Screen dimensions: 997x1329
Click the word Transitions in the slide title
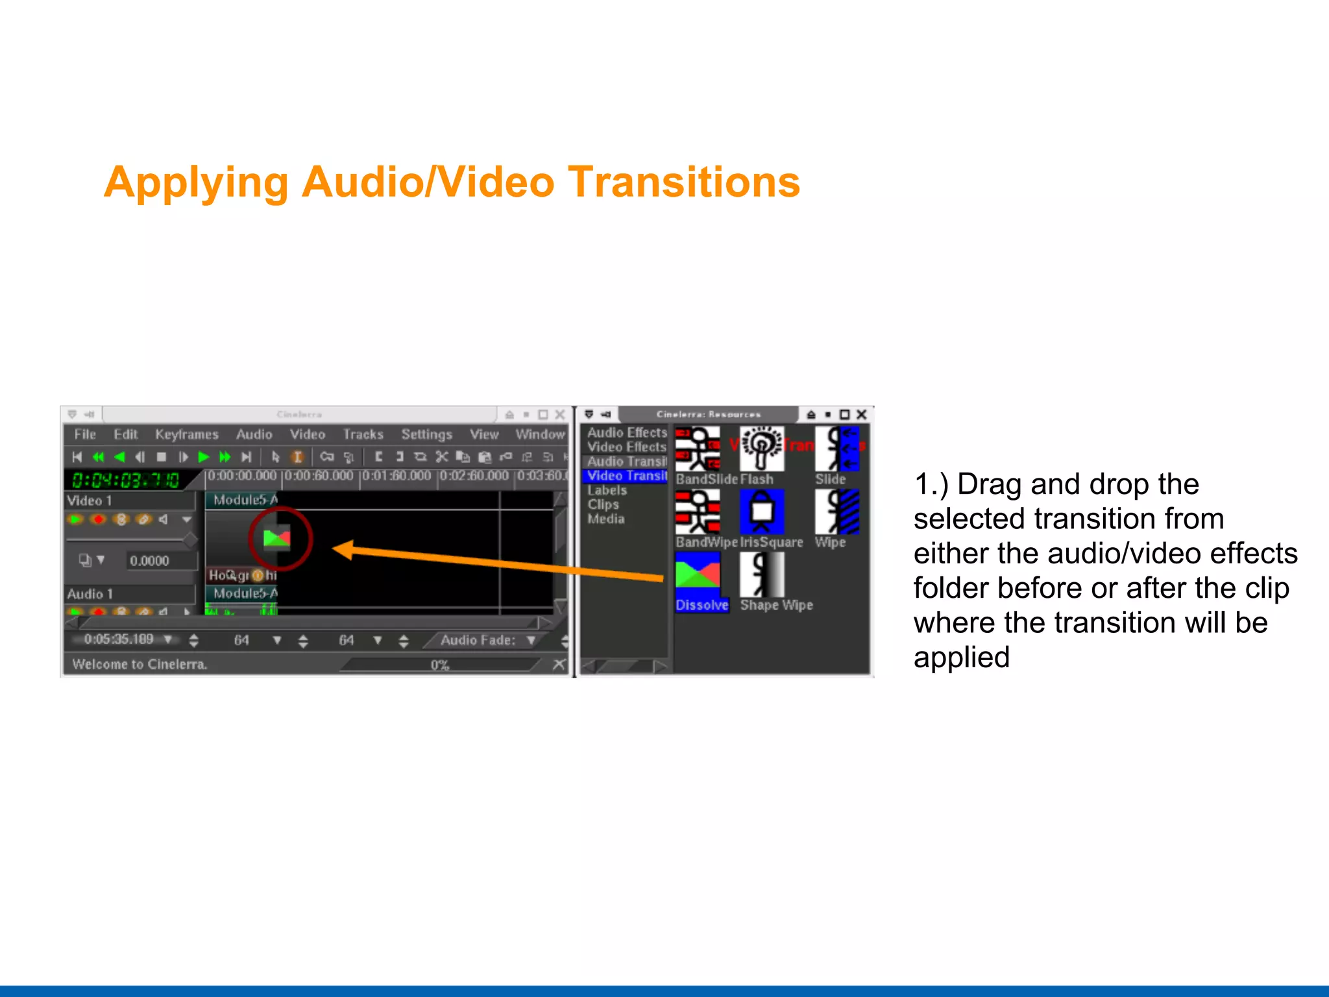[x=684, y=182]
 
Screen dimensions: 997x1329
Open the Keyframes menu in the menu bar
[x=186, y=434]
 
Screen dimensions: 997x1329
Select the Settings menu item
[x=426, y=434]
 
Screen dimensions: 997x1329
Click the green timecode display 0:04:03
[x=125, y=480]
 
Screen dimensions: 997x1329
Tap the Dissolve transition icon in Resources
[x=698, y=575]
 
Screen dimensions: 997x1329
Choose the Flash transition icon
[x=762, y=449]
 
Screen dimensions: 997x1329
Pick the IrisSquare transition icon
[x=762, y=511]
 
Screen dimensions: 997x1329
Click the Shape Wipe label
[x=776, y=605]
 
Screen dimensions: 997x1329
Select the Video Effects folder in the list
[x=626, y=447]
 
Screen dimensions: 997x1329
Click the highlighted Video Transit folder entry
[x=626, y=476]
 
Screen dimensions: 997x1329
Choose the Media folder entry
[x=605, y=519]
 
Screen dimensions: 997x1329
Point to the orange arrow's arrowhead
[x=343, y=550]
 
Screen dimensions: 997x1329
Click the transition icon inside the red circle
[x=277, y=538]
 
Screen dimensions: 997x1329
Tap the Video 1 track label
[x=90, y=500]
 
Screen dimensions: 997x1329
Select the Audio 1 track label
[x=90, y=594]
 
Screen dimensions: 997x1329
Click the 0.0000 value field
[x=149, y=561]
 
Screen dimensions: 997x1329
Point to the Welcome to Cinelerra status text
[x=140, y=664]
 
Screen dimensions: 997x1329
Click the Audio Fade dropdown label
[x=478, y=640]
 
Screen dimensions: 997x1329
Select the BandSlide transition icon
[x=698, y=449]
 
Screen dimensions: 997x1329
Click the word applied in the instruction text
[x=961, y=657]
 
